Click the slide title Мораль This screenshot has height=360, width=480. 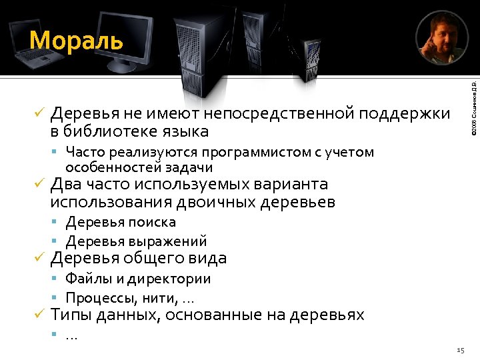point(77,41)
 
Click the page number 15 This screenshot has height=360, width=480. point(460,350)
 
